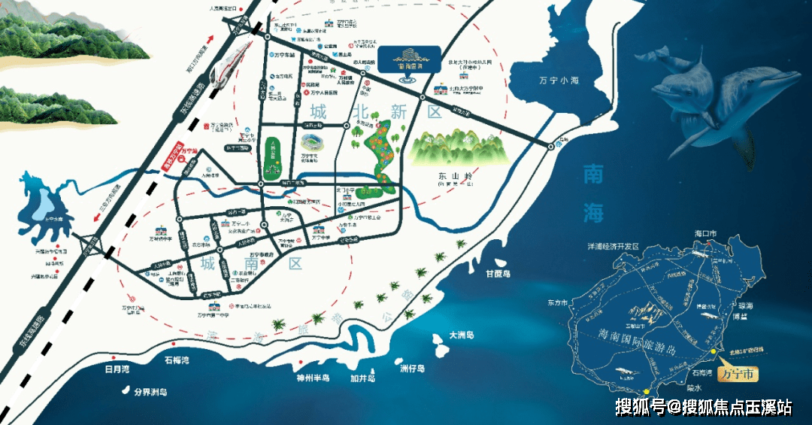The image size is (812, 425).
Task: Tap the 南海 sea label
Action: pyautogui.click(x=593, y=194)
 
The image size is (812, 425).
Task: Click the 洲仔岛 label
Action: pyautogui.click(x=412, y=369)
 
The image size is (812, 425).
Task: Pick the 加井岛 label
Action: pyautogui.click(x=362, y=379)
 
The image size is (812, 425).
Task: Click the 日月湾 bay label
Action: pyautogui.click(x=117, y=369)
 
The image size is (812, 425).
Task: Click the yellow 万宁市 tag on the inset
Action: pyautogui.click(x=738, y=374)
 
